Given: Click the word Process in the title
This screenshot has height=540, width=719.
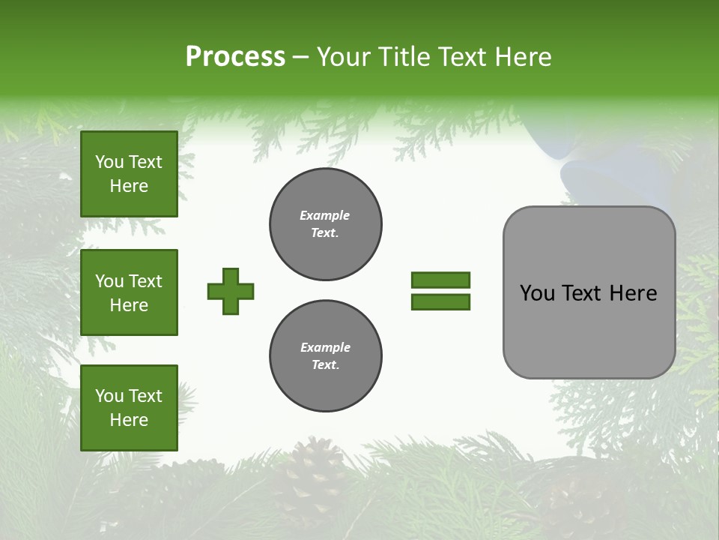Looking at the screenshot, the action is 235,56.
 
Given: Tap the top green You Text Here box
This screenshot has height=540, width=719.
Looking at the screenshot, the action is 129,174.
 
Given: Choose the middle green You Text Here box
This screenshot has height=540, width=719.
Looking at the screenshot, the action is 129,292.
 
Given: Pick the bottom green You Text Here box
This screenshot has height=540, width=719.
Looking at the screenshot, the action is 129,407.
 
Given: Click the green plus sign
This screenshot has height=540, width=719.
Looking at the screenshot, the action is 231,291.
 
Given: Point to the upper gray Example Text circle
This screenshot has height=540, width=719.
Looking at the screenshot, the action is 326,224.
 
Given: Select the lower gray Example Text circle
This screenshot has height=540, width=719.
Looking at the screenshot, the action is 326,356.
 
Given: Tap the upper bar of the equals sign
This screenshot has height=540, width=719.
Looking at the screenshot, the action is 440,280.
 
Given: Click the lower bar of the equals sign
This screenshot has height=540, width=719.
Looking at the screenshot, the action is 440,301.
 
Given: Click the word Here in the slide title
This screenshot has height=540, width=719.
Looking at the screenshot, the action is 524,56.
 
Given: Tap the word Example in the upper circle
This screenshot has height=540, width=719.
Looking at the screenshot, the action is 324,215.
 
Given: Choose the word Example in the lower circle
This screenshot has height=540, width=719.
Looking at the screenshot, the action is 325,347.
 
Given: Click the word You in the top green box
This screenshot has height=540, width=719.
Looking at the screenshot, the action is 109,162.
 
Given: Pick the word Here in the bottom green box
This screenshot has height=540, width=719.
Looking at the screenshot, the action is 129,420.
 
